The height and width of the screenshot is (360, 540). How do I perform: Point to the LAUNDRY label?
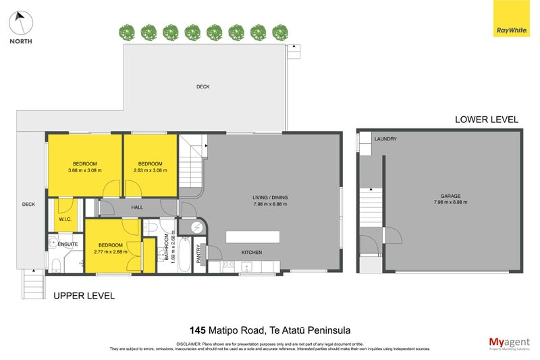pos(385,139)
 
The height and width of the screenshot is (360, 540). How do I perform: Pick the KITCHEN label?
pos(252,253)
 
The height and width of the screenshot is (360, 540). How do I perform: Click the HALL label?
pos(137,208)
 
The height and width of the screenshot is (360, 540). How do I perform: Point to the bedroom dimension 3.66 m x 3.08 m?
pos(85,170)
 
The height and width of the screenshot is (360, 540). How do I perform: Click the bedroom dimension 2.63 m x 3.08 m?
pos(150,170)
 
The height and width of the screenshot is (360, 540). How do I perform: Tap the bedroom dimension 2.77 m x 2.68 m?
pos(110,251)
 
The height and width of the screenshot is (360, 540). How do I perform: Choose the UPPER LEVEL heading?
pos(84,296)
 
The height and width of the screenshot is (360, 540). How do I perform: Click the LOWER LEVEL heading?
pos(486,120)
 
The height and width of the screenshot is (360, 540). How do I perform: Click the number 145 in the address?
pos(199,330)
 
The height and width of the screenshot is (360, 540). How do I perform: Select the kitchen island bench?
pos(252,236)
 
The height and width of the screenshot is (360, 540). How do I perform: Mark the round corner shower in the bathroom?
pos(196,228)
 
